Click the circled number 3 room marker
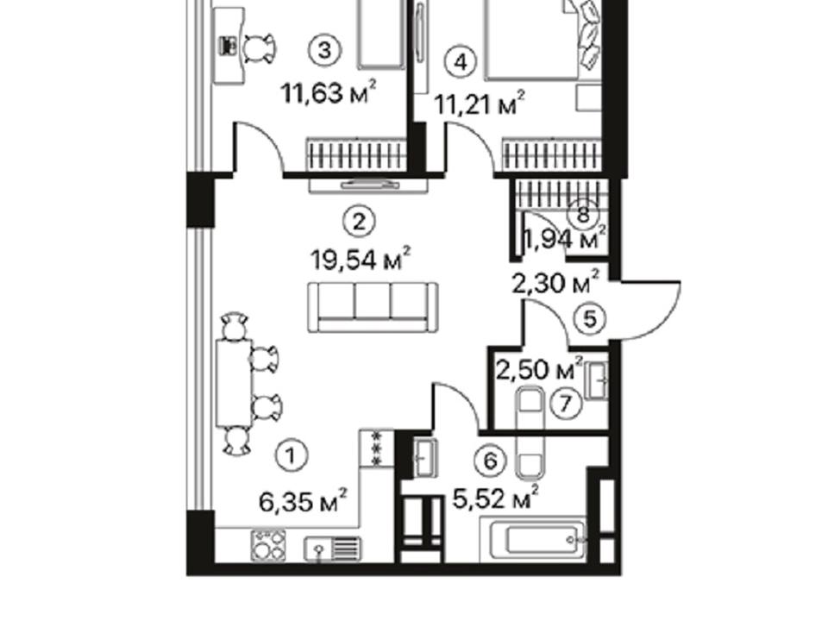[x=325, y=51]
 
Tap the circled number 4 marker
[x=461, y=63]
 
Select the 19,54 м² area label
[x=361, y=260]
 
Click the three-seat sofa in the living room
[x=373, y=307]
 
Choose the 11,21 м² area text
[x=480, y=104]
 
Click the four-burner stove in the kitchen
[x=268, y=545]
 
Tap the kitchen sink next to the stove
[x=333, y=549]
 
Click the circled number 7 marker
[x=566, y=404]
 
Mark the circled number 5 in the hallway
[x=590, y=318]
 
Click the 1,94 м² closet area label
[x=564, y=239]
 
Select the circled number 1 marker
[x=291, y=455]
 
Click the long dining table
[x=234, y=382]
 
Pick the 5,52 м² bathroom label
[x=496, y=498]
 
